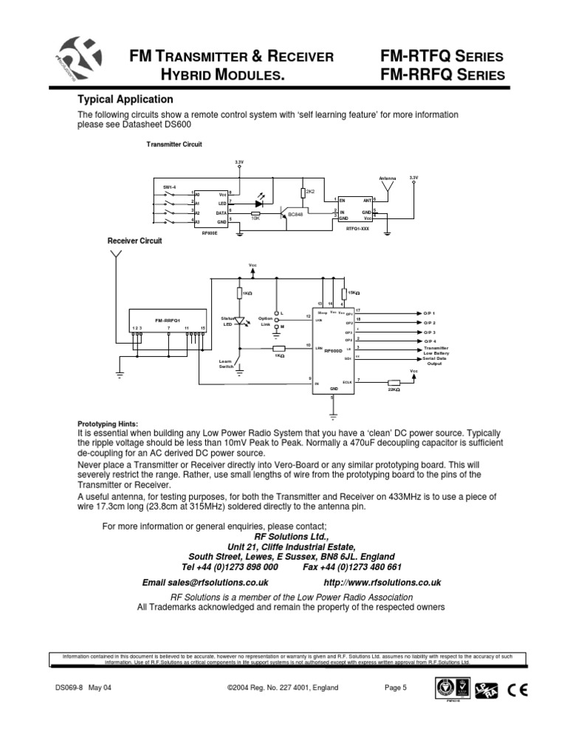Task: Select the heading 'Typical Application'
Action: pos(126,99)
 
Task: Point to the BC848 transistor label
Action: pos(295,214)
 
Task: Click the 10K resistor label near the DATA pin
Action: pos(255,218)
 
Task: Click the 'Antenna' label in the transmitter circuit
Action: pos(388,178)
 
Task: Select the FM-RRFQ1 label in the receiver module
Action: pos(168,321)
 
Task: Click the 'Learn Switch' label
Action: pos(225,364)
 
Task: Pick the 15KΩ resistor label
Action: pos(353,293)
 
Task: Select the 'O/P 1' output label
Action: pos(430,313)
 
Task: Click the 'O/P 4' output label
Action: pos(430,341)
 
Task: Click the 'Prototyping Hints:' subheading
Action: pos(108,424)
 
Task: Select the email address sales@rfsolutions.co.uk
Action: pos(205,583)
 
